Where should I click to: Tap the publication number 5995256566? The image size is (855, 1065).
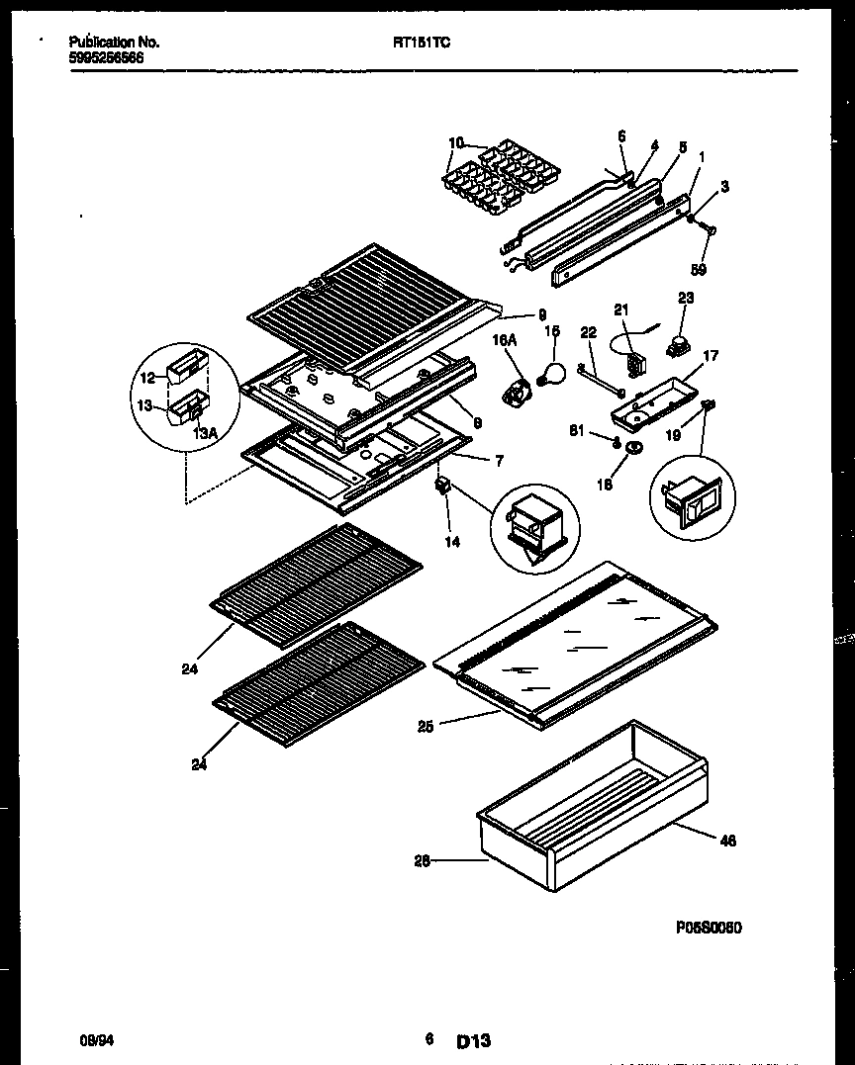click(106, 58)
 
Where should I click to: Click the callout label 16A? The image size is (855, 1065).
click(505, 339)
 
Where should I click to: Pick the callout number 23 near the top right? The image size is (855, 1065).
click(686, 298)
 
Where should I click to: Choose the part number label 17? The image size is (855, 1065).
click(711, 356)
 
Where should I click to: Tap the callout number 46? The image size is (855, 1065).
click(727, 842)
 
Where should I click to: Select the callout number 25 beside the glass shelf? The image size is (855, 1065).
click(425, 727)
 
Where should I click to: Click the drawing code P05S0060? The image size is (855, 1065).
click(710, 928)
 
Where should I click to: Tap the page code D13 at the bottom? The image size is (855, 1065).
click(474, 1041)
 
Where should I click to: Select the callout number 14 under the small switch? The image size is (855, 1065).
click(451, 542)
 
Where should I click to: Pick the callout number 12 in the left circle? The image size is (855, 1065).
click(146, 377)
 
